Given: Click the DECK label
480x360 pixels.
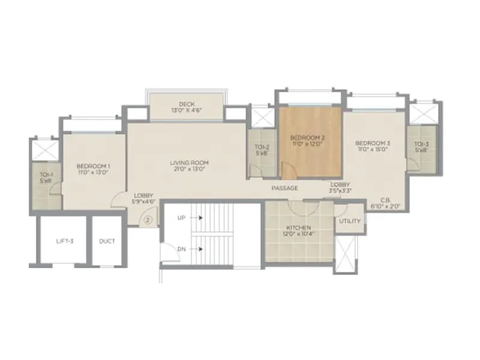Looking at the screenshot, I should coord(186,104).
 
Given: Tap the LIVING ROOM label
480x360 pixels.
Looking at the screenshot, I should coord(188,162).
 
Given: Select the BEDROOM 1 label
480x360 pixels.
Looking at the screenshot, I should coord(93,166).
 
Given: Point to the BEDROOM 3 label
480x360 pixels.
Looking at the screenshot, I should coord(373,143).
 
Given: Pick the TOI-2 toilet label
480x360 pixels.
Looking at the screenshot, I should coord(262,146).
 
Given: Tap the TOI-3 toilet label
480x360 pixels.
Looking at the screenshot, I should coord(422,143).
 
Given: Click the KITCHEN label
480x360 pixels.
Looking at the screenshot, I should coord(298,228).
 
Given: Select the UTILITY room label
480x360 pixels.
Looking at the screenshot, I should coord(350,221).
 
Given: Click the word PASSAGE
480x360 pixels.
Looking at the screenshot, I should coord(284,188).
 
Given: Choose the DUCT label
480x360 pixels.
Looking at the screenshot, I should coord(107,241).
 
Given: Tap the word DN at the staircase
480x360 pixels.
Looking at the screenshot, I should coord(181,248).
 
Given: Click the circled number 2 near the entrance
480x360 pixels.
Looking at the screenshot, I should coord(148,220).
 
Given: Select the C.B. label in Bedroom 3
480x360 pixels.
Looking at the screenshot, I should coord(386,200).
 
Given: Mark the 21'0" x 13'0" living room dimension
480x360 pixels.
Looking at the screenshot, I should coord(188,169).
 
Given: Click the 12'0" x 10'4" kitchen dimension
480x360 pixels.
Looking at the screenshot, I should coord(298,235).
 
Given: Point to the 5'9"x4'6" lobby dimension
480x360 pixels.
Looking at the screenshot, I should coord(144,202).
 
